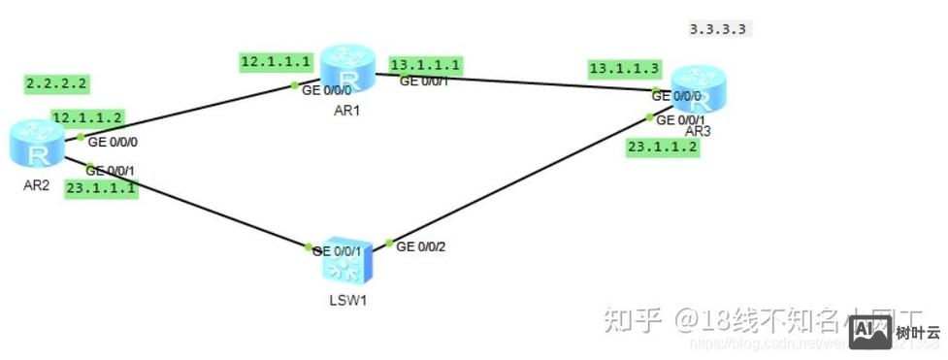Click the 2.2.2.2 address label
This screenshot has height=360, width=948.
click(x=56, y=84)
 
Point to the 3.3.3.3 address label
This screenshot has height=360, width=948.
click(x=718, y=29)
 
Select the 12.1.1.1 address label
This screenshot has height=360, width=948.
click(x=277, y=62)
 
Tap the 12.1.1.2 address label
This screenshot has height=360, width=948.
click(x=87, y=117)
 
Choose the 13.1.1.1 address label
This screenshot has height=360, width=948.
click(x=426, y=65)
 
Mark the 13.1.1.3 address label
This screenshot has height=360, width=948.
click(x=624, y=68)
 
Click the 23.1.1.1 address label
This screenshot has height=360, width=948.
click(x=101, y=189)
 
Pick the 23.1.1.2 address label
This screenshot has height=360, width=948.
click(x=663, y=147)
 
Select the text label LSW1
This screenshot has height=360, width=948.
click(x=347, y=297)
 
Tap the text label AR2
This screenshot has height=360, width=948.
click(x=35, y=185)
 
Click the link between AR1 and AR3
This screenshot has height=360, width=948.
click(x=543, y=83)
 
